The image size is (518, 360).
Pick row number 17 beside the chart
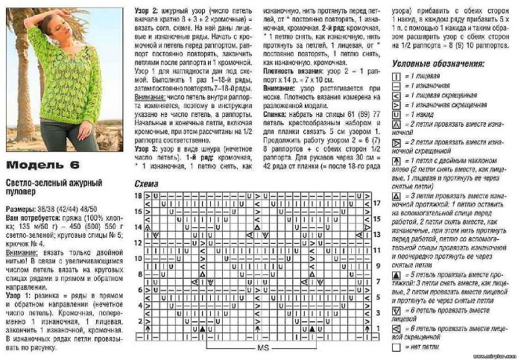tap(379, 202)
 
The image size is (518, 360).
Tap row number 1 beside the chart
tap(377, 329)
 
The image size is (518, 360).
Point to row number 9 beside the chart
tap(377, 265)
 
